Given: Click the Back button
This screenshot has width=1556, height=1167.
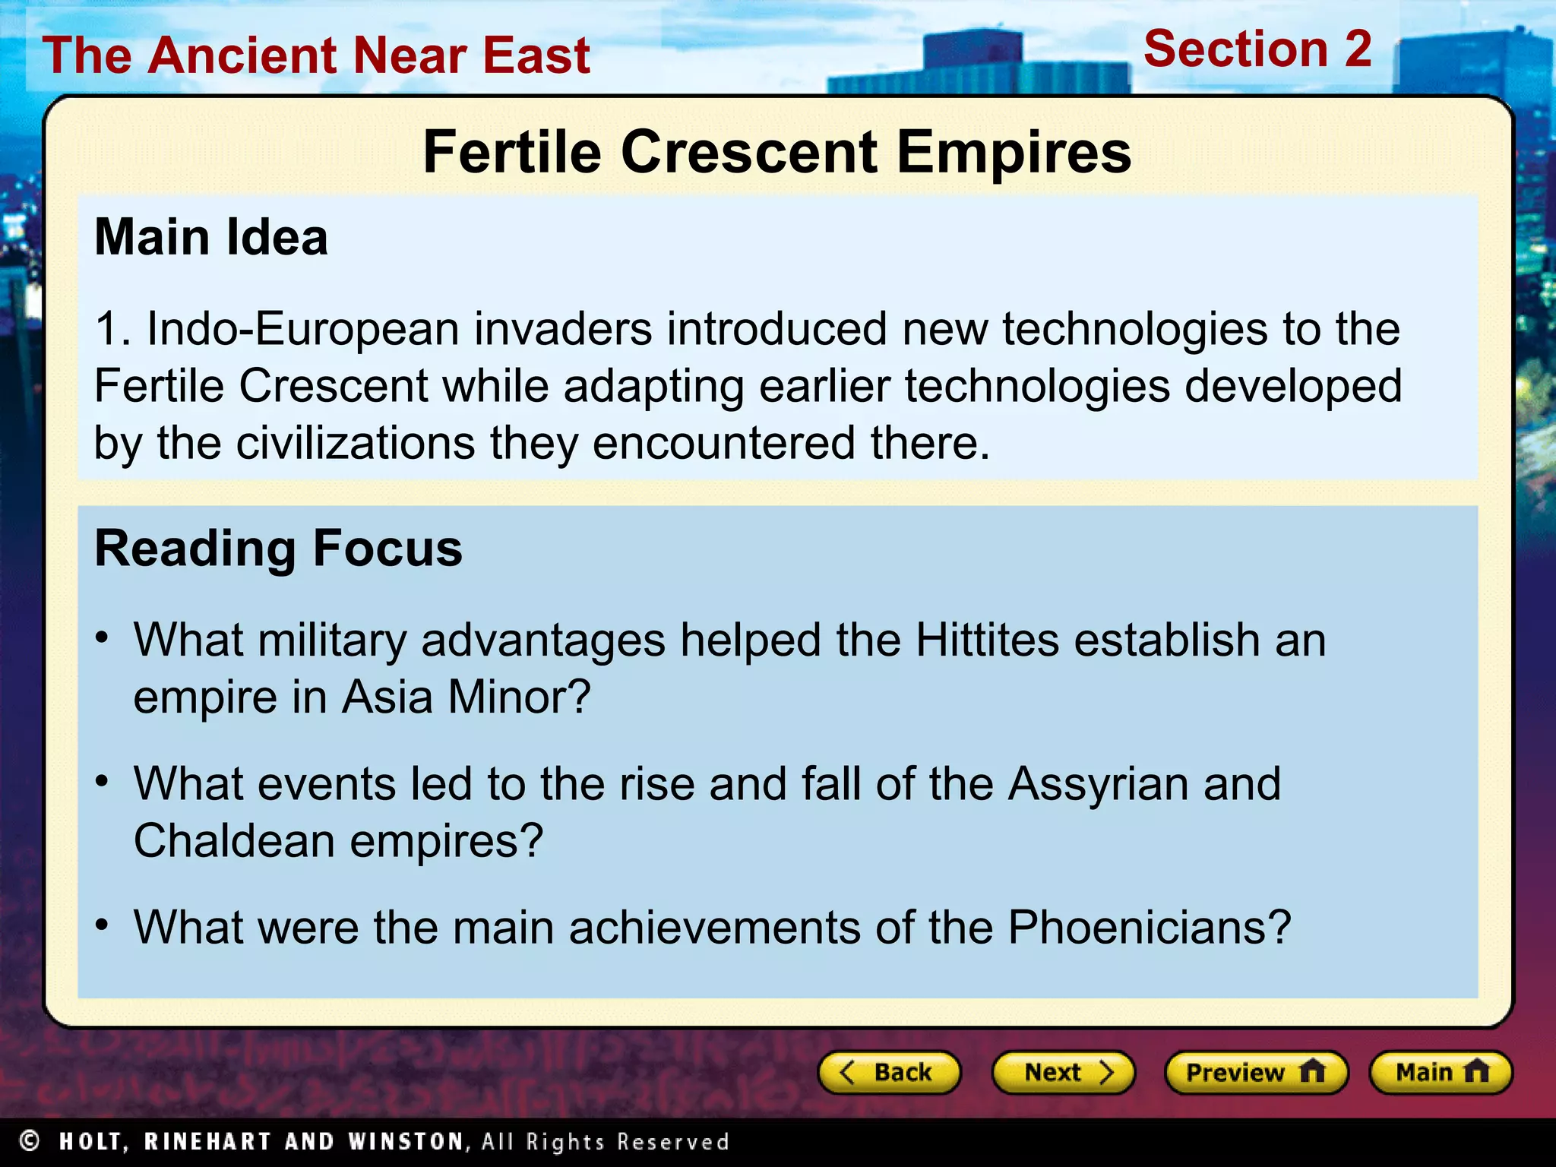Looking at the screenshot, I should [x=889, y=1072].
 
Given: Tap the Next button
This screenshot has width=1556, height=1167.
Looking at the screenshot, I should [x=1064, y=1072].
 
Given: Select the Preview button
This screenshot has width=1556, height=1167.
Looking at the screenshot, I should [x=1256, y=1072].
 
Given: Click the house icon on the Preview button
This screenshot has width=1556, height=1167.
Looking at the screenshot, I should [x=1312, y=1071].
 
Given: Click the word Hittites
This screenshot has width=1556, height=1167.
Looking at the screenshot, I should [x=987, y=640].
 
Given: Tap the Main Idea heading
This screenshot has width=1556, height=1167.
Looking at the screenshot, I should [x=211, y=237].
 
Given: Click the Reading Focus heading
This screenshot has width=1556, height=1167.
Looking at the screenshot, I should [x=278, y=549].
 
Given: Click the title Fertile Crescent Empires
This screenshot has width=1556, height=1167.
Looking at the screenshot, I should [x=776, y=152].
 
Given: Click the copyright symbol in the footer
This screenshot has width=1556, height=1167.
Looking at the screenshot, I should [x=30, y=1140].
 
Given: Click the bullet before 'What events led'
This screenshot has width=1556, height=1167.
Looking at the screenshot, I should [x=103, y=781].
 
